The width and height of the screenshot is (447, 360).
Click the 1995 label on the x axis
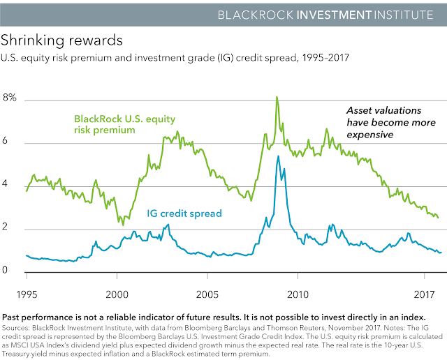coord(27,294)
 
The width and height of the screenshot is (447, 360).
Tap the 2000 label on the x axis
coord(117,294)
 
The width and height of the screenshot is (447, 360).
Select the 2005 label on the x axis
coord(207,294)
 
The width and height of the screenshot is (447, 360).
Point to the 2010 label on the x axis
coord(298,294)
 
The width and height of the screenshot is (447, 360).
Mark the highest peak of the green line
coord(277,97)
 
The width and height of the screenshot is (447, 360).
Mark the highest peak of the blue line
coord(279,156)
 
